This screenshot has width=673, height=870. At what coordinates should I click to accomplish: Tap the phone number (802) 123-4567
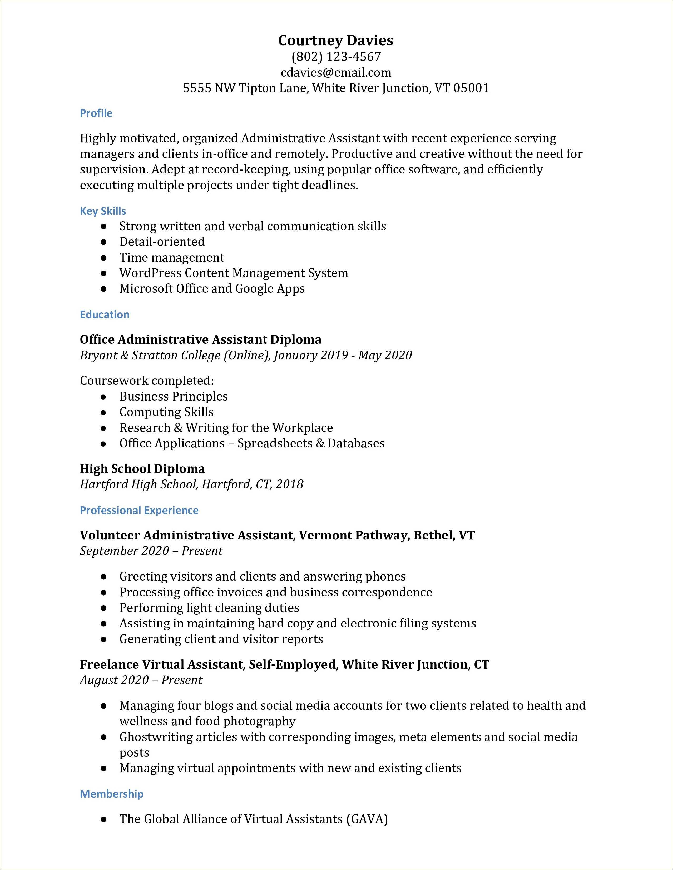tap(336, 57)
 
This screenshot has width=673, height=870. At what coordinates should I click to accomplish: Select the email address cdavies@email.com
tap(336, 73)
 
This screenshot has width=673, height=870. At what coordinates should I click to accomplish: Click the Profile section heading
tap(96, 113)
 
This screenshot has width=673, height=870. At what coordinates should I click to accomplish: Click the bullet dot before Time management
tap(103, 258)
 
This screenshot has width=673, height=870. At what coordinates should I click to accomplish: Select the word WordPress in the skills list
tap(150, 273)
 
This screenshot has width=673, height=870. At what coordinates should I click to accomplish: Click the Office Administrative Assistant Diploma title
tap(200, 339)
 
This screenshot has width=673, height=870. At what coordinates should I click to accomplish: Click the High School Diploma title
tap(142, 468)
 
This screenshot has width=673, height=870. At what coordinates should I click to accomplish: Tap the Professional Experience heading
tap(139, 510)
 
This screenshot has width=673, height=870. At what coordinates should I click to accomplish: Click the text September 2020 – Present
tap(151, 551)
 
